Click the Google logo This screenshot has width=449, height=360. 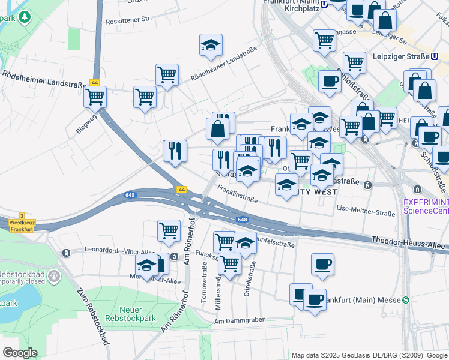(20, 353)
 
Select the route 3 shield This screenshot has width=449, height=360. (22, 216)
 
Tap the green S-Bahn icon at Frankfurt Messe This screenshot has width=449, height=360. (406, 300)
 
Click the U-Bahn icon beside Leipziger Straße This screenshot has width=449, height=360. (434, 56)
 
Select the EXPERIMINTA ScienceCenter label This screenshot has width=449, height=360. (426, 206)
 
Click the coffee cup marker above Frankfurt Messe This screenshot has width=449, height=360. (322, 263)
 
